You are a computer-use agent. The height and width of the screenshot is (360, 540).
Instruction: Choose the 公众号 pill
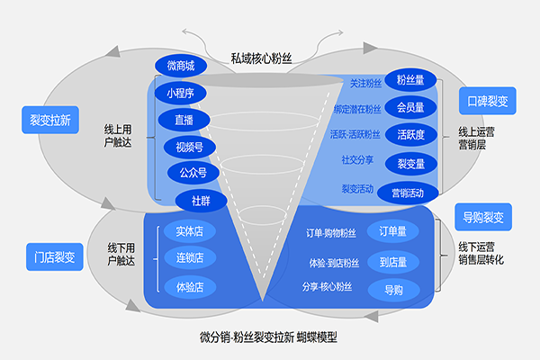(187, 172)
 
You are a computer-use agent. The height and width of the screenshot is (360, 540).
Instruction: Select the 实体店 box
(189, 231)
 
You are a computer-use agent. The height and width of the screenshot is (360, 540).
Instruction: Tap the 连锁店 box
(189, 259)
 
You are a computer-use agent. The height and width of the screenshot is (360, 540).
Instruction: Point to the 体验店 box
(189, 287)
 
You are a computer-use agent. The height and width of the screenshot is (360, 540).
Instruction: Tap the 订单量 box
(393, 231)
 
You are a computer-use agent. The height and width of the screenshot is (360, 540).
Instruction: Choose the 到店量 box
(393, 262)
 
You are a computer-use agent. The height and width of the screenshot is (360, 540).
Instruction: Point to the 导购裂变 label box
(483, 217)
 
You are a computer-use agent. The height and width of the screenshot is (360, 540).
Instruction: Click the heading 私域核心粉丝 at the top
(261, 58)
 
